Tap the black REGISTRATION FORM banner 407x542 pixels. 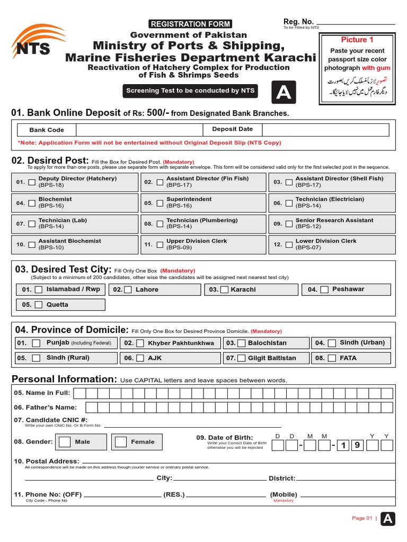pyautogui.click(x=191, y=24)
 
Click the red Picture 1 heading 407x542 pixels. pyautogui.click(x=357, y=40)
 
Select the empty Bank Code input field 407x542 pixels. pyautogui.click(x=139, y=130)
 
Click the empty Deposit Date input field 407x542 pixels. pyautogui.click(x=325, y=130)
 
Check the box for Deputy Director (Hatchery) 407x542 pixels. pyautogui.click(x=32, y=182)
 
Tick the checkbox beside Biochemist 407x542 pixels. pyautogui.click(x=32, y=203)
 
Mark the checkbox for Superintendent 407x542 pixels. pyautogui.click(x=160, y=203)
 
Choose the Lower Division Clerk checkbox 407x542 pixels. pyautogui.click(x=289, y=245)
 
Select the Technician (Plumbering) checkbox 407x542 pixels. pyautogui.click(x=160, y=224)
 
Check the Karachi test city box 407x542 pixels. pyautogui.click(x=224, y=290)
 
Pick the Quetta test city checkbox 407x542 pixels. pyautogui.click(x=39, y=305)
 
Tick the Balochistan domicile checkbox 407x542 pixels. pyautogui.click(x=242, y=343)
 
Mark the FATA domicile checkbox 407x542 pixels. pyautogui.click(x=332, y=358)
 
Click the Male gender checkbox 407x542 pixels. pyautogui.click(x=65, y=442)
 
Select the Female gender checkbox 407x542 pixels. pyautogui.click(x=121, y=442)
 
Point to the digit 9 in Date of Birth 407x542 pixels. pyautogui.click(x=357, y=445)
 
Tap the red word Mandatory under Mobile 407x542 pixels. pyautogui.click(x=283, y=501)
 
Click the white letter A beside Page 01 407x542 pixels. pyautogui.click(x=388, y=519)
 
